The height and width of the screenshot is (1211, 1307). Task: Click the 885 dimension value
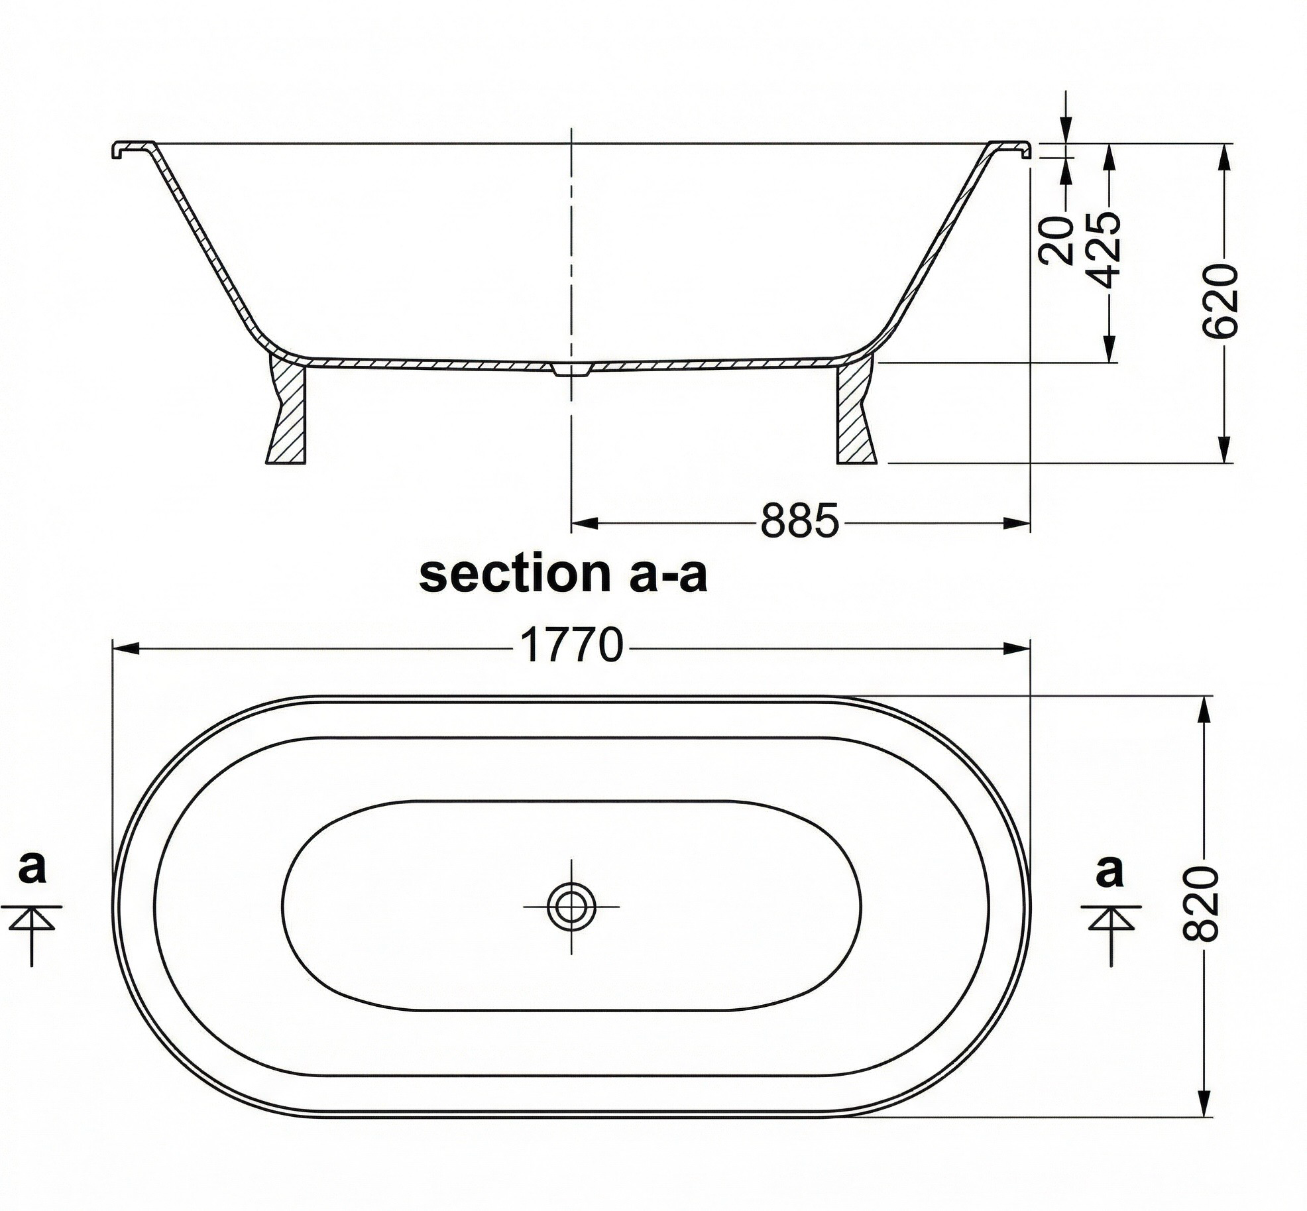799,521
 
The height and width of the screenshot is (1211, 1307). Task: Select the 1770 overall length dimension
572,645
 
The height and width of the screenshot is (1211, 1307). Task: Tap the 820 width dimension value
1200,903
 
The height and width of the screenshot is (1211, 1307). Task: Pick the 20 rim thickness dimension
1058,240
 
